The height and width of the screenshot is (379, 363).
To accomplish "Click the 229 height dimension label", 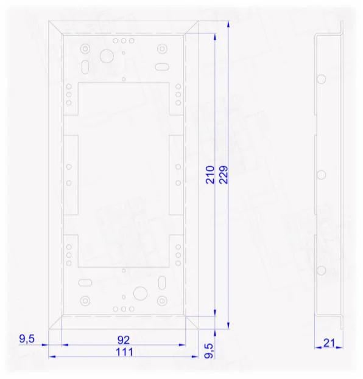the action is (x=224, y=175).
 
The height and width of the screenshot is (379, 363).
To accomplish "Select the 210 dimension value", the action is (x=210, y=175).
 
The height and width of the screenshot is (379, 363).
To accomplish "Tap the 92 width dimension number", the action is (x=124, y=340).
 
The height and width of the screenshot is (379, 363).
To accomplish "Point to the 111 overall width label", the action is (x=124, y=352).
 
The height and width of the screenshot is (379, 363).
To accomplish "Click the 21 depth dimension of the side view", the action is (x=329, y=343).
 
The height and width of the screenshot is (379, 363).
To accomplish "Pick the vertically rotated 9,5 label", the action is (x=210, y=351).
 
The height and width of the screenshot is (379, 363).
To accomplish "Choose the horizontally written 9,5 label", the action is (x=27, y=339).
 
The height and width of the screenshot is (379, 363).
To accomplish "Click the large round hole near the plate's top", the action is (x=107, y=56).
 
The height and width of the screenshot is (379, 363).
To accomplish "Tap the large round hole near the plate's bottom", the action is (x=140, y=293).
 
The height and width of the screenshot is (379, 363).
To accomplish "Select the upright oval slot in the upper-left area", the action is (x=85, y=67).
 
